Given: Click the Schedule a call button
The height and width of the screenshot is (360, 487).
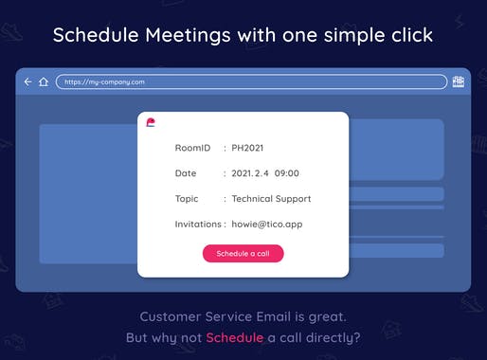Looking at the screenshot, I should pos(243,254).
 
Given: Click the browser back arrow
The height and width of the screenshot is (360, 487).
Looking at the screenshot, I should pos(27,82).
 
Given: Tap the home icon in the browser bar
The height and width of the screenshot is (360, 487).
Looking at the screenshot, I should pos(43,82).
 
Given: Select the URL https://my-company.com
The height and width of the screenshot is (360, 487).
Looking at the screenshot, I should pos(105,82).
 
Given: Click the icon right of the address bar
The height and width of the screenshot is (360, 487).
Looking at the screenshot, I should pos(459,82).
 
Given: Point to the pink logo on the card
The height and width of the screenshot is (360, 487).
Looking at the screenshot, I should pos(152,122).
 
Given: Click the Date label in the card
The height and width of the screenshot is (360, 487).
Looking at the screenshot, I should pos(186,173).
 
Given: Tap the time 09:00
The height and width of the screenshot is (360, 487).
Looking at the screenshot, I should pos(287,173).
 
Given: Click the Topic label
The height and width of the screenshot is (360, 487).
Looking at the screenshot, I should pos(187,199).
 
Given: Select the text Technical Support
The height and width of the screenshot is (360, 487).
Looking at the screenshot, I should pos(272,199).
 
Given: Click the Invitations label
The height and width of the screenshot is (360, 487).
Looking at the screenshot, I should pos(199,225).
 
